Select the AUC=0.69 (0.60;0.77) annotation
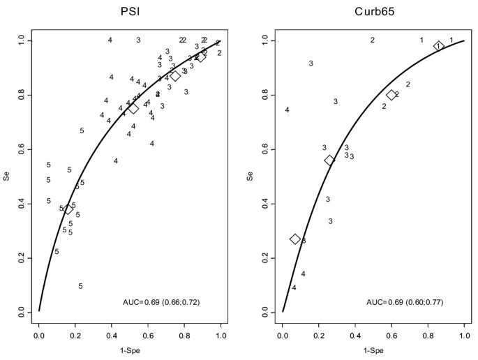pyautogui.click(x=405, y=302)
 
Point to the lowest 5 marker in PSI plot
pyautogui.click(x=81, y=286)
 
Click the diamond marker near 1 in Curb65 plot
pyautogui.click(x=439, y=46)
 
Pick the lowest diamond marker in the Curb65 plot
pyautogui.click(x=295, y=239)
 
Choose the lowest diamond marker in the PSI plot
pyautogui.click(x=68, y=209)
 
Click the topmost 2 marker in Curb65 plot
pyautogui.click(x=373, y=40)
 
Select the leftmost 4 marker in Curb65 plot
pyautogui.click(x=287, y=110)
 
